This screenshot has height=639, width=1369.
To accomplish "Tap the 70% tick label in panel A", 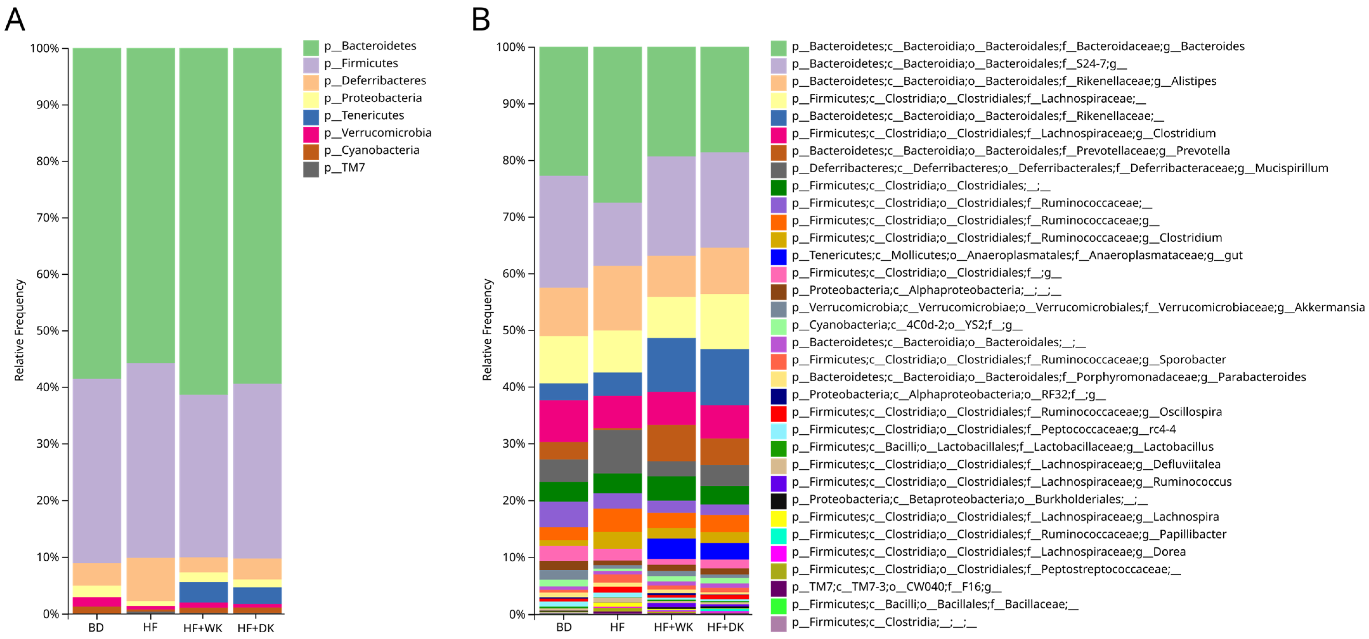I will coord(47,218).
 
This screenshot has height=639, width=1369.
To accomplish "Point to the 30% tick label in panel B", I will coord(513,444).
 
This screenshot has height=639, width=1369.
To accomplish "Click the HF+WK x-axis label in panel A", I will coord(203,628).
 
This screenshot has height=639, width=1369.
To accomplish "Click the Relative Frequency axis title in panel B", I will coord(487,329).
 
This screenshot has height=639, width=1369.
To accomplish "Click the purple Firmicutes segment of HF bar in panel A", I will coord(150,460).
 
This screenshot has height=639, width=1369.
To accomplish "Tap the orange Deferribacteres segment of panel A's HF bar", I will coord(150,579).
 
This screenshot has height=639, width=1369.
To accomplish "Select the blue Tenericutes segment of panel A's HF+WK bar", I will coord(203,592).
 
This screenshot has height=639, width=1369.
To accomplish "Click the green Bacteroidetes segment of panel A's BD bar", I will coord(97,213).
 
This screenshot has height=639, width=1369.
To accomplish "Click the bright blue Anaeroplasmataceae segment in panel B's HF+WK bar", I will coord(671,548).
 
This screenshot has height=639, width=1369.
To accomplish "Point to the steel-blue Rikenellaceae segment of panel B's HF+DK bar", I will coord(724,377).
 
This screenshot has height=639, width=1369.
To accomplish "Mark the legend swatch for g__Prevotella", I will coord(778,151).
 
